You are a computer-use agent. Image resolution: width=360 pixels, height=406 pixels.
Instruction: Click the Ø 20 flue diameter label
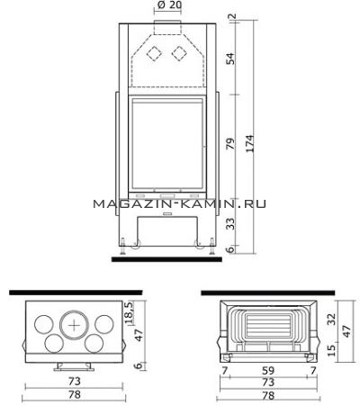coord(169,5)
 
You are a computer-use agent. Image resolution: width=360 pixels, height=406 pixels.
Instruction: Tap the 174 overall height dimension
coord(250,144)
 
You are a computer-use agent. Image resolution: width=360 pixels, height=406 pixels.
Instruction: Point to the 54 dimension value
coord(230,59)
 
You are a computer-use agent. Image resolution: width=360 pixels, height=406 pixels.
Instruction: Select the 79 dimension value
coord(230,144)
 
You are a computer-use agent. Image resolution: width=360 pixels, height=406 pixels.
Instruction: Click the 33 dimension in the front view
coord(230,224)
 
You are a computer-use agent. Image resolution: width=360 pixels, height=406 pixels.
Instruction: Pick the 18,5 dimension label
coord(129,313)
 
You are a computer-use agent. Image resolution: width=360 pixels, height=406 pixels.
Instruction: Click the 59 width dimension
coord(268,370)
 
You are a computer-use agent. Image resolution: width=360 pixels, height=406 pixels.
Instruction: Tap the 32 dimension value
coord(331,319)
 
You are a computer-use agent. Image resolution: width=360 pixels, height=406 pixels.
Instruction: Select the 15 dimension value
coord(331,350)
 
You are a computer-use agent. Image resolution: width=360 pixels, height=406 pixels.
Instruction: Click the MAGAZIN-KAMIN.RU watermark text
coord(179,204)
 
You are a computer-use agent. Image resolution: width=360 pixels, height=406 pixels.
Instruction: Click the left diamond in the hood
coord(154,54)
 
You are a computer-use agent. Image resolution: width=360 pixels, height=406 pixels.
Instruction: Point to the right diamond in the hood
coord(179,54)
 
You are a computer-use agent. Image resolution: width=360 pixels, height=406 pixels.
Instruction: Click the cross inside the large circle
coord(74,325)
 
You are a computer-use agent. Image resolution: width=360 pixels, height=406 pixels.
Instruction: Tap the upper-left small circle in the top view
coord(44,325)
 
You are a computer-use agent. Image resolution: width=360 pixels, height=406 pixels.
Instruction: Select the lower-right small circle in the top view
coord(94,343)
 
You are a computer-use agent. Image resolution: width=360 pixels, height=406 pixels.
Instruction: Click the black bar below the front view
coord(166,259)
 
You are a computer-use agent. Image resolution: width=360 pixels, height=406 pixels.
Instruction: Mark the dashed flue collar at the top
coord(167,28)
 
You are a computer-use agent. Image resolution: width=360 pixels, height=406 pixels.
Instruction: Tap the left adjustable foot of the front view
coord(122,246)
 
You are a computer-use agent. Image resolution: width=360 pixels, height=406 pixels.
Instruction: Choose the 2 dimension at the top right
coord(233,16)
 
